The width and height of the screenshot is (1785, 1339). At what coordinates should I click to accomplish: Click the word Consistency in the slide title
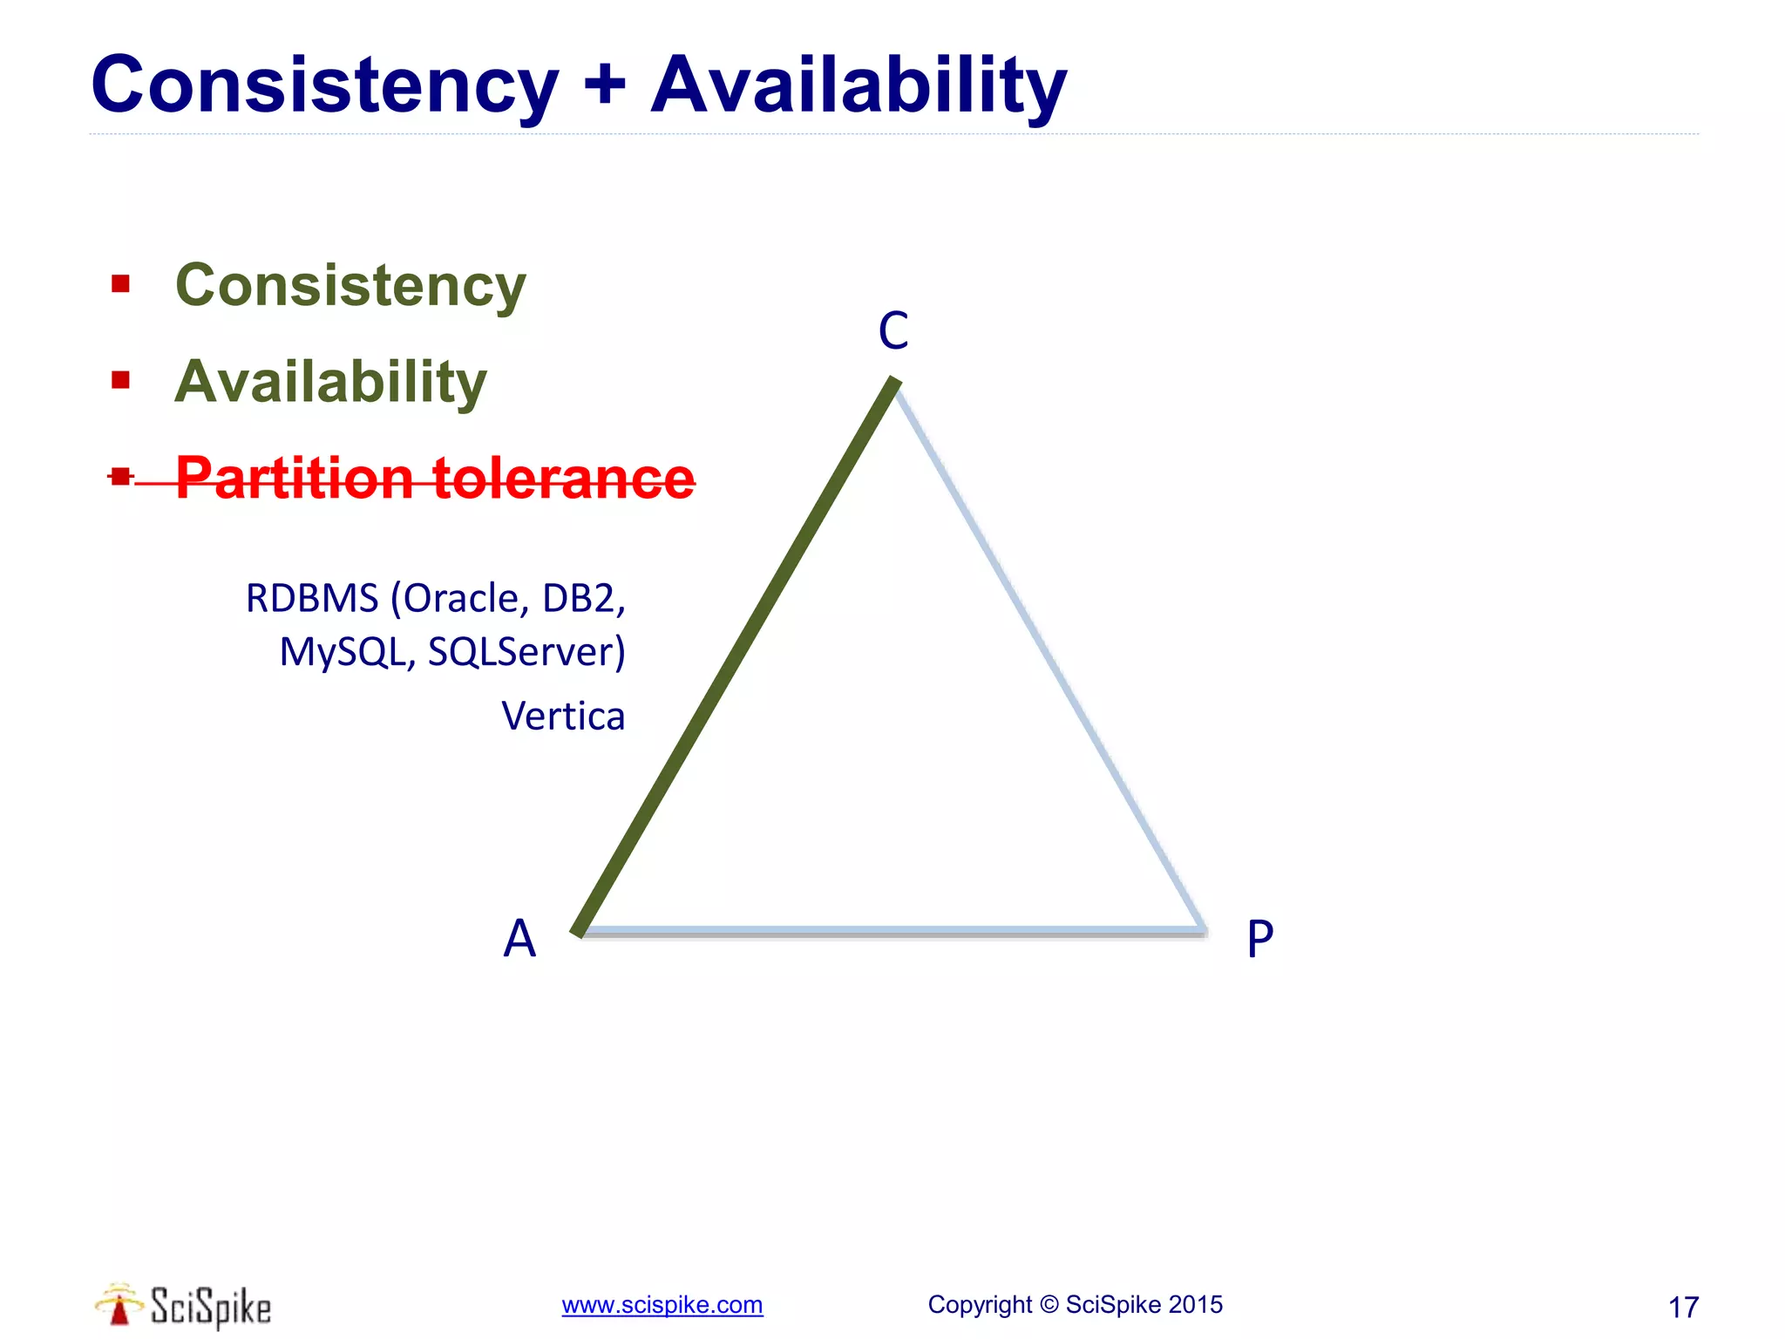point(324,85)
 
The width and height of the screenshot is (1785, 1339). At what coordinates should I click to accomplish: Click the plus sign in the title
point(604,85)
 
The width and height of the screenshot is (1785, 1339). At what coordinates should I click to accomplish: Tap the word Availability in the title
point(859,85)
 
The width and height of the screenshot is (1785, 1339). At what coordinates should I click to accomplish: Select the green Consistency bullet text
point(350,285)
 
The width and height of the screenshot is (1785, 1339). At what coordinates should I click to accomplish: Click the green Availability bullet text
point(330,382)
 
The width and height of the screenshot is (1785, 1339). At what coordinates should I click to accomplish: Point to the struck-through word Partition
point(295,478)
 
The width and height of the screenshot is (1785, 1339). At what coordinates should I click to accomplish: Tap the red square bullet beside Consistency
point(120,283)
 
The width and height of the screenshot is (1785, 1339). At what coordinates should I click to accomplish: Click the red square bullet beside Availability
point(120,380)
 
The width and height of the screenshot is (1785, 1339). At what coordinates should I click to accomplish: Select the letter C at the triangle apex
point(893,331)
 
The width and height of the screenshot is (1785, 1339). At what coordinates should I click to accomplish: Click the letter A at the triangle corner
point(519,939)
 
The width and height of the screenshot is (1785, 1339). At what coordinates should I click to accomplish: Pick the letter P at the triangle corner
point(1260,940)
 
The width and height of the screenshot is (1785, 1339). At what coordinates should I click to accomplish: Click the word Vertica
point(563,717)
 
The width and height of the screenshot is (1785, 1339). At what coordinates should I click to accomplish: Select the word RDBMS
point(311,599)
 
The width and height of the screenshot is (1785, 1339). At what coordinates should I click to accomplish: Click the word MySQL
point(347,652)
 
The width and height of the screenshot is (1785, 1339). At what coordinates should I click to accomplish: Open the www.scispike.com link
point(662,1305)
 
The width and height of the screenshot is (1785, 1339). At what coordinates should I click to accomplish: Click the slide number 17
point(1683,1307)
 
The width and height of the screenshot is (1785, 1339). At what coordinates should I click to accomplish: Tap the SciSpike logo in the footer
point(184,1306)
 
